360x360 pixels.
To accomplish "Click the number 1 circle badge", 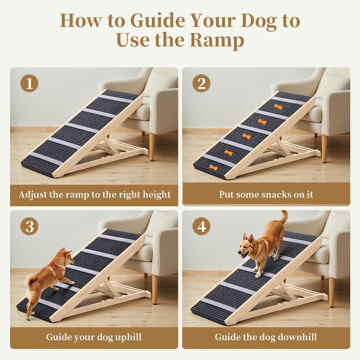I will (30, 85).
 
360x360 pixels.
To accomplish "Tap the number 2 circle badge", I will (202, 85).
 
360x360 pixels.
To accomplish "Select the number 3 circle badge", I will (30, 227).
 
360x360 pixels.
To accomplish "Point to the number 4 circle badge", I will (202, 227).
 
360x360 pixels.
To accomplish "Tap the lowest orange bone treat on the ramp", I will (213, 167).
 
